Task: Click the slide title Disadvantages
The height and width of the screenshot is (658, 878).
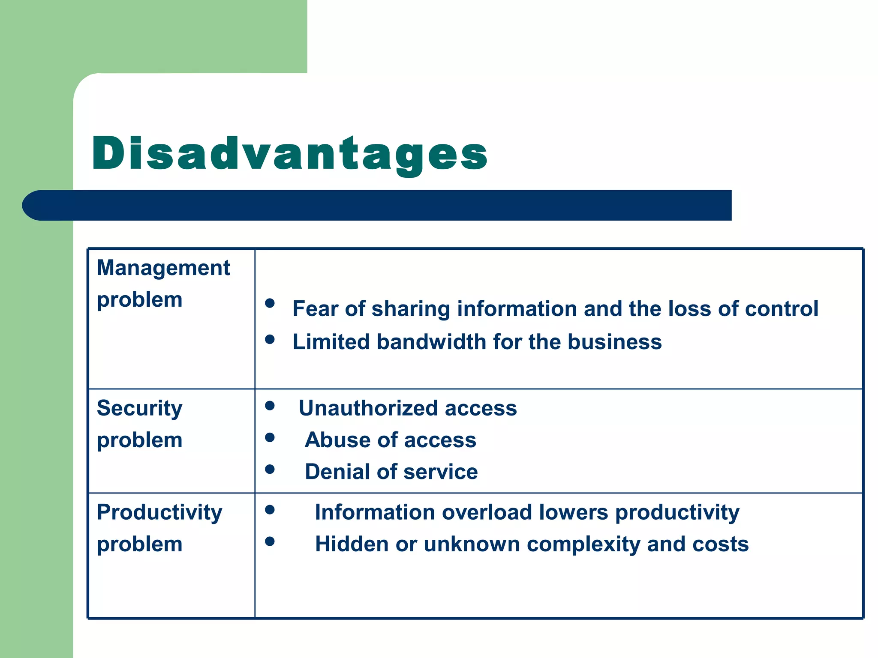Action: pyautogui.click(x=289, y=154)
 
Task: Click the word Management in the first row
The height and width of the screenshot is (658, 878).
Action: pyautogui.click(x=163, y=268)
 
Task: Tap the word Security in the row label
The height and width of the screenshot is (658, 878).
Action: pyautogui.click(x=139, y=408)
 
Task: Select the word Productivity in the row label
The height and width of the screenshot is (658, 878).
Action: pyautogui.click(x=159, y=513)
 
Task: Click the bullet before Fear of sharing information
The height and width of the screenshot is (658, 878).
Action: pyautogui.click(x=270, y=303)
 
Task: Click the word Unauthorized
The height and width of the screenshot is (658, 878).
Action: pyautogui.click(x=368, y=408)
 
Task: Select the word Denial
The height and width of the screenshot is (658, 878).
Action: pyautogui.click(x=337, y=472)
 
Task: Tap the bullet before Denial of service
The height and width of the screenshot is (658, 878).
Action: pyautogui.click(x=270, y=469)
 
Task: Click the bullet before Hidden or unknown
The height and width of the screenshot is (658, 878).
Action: pyautogui.click(x=270, y=541)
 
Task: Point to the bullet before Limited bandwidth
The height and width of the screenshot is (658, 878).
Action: pyautogui.click(x=270, y=339)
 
